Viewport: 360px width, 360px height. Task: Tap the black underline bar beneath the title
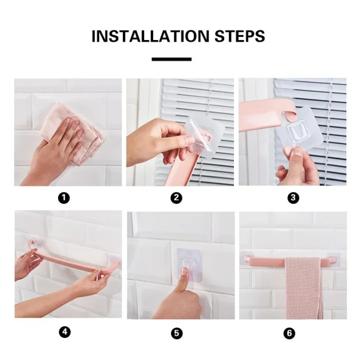(x=171, y=59)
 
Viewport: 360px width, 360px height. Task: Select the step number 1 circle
(x=63, y=198)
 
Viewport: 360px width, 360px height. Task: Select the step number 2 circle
(x=176, y=198)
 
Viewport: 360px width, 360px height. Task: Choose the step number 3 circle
(x=293, y=198)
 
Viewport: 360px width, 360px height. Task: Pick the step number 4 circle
(x=63, y=333)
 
